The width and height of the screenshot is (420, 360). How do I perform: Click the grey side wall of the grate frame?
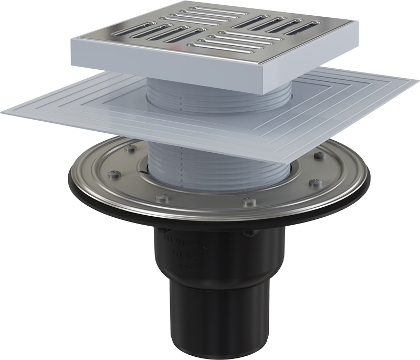click(x=157, y=68)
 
